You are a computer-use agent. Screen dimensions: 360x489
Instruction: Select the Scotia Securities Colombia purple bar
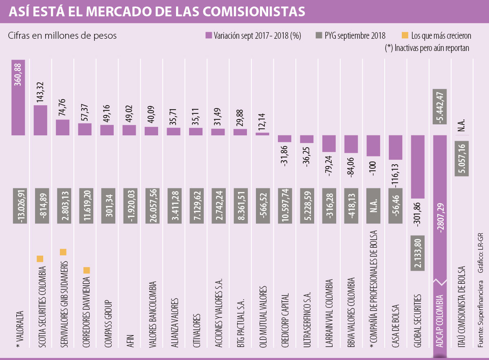(x=40, y=120)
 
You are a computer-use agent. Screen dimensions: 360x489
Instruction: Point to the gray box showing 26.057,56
(x=151, y=206)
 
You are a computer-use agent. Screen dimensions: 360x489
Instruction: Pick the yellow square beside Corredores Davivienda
(x=87, y=270)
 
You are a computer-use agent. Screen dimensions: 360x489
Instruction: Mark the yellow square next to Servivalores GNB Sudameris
(x=63, y=252)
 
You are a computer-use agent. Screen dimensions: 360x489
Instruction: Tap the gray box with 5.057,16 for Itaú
(x=461, y=159)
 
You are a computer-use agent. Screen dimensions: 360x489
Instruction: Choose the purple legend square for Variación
(x=209, y=35)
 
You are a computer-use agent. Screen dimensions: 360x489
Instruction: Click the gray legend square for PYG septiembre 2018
(x=319, y=35)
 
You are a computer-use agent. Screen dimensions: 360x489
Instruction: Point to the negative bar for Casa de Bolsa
(x=395, y=147)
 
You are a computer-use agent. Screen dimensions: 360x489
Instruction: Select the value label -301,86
(x=419, y=210)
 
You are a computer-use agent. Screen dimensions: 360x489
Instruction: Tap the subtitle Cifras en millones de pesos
(x=62, y=35)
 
